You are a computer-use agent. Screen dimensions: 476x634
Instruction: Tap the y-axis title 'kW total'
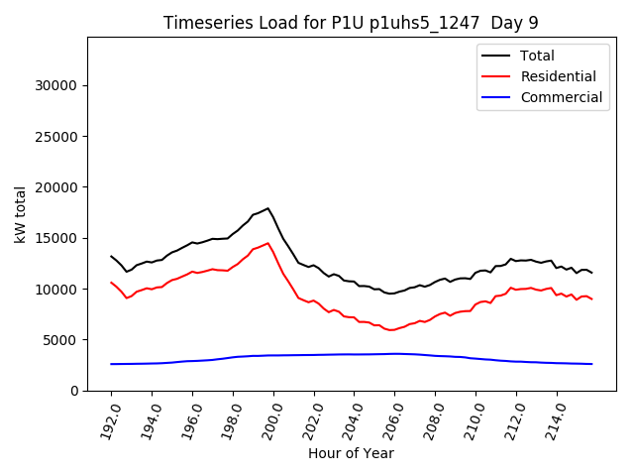(x=20, y=214)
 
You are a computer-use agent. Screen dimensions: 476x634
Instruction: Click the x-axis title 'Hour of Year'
(x=351, y=453)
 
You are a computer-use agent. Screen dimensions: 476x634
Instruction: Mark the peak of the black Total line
(x=267, y=208)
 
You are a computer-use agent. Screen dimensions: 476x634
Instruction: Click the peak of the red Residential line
(x=267, y=243)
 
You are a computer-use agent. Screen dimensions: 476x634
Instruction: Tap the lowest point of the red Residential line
(x=392, y=330)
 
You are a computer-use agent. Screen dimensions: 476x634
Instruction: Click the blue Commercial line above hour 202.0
(x=314, y=355)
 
